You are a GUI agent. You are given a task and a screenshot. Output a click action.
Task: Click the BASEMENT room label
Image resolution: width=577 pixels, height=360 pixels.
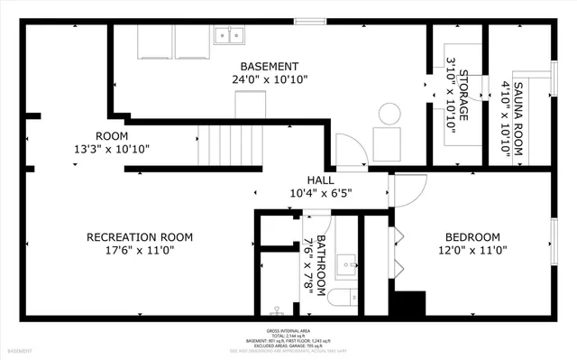[269, 67]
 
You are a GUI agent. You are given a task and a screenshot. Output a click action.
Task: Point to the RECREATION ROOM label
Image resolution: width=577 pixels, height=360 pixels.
[140, 237]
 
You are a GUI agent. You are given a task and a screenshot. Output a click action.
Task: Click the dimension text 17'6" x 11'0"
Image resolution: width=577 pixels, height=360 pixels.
[140, 251]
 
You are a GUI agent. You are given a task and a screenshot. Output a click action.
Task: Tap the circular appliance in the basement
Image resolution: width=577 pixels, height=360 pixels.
[389, 115]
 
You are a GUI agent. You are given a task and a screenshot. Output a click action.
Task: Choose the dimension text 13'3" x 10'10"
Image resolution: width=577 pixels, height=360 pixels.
[112, 149]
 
